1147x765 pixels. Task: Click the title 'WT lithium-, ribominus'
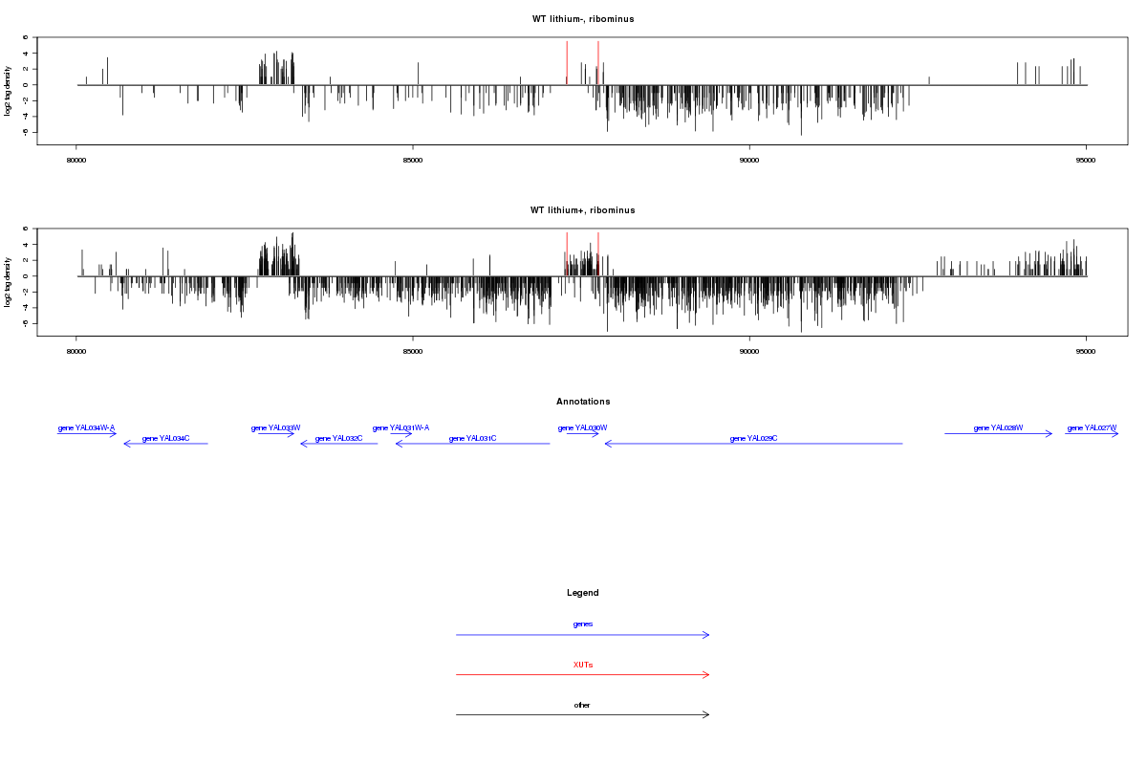click(583, 19)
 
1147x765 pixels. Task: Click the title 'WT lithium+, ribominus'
click(583, 210)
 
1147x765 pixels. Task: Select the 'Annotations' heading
click(583, 402)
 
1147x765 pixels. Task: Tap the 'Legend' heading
click(583, 593)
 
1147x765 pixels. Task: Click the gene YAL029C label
click(753, 438)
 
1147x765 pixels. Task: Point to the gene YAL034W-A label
click(86, 428)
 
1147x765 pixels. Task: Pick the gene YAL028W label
click(998, 428)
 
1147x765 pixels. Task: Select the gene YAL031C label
click(472, 438)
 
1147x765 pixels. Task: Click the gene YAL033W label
click(276, 428)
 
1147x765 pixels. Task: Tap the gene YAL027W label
click(1092, 428)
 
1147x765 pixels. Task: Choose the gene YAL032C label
click(338, 438)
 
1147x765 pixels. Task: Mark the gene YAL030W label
click(583, 428)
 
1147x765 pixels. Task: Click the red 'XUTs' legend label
click(583, 665)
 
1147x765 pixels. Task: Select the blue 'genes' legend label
click(583, 624)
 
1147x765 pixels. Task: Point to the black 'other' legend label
click(583, 706)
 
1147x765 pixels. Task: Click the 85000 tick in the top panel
click(412, 160)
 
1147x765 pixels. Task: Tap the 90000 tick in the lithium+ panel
click(749, 351)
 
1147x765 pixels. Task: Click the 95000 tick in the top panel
click(1086, 160)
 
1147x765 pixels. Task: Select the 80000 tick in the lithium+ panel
click(76, 351)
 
